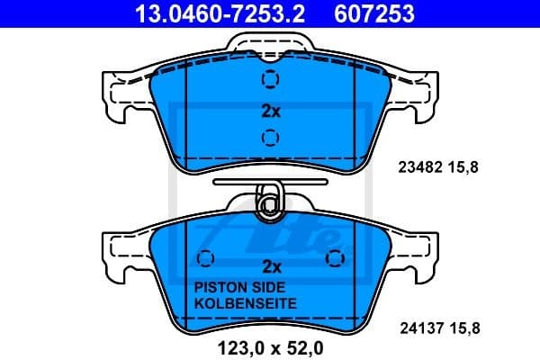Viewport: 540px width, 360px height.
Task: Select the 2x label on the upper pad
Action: coord(271,112)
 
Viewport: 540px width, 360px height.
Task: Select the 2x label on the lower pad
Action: coord(271,266)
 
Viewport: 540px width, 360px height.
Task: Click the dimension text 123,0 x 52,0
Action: coord(269,344)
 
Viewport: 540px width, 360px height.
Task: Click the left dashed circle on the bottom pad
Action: coord(205,259)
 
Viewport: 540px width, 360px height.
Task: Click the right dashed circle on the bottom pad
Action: coord(337,259)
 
